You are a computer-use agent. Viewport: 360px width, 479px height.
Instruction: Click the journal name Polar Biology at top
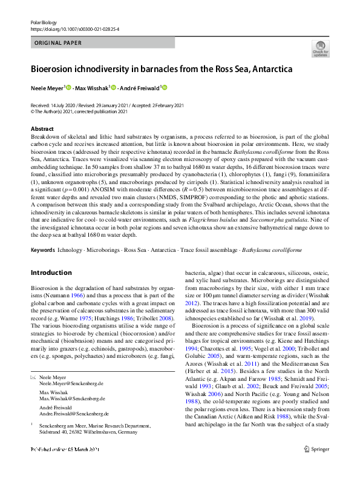click(42, 22)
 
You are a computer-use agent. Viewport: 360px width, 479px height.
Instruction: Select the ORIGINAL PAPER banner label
click(59, 43)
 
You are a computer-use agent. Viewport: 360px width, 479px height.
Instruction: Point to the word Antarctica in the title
click(269, 69)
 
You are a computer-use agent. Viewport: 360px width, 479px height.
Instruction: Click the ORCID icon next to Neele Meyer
click(68, 88)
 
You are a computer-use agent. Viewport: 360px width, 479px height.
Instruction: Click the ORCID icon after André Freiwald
click(164, 88)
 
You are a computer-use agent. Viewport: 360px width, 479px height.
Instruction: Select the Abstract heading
click(42, 129)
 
